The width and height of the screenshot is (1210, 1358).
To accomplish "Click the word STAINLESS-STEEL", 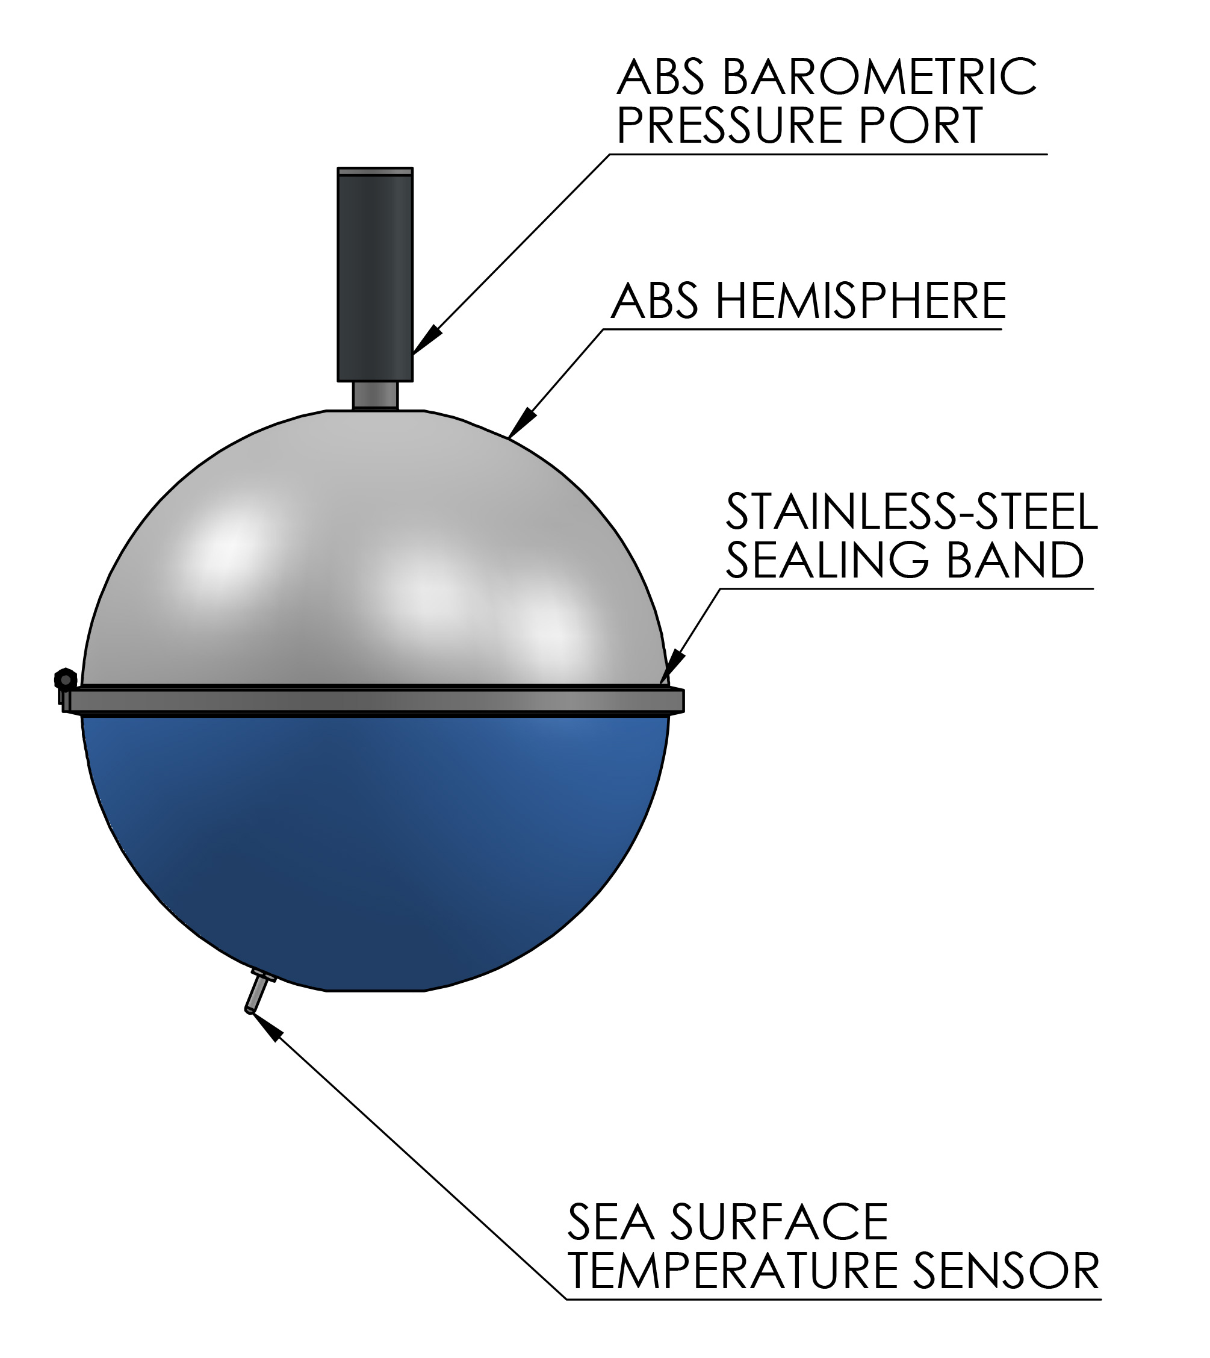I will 911,512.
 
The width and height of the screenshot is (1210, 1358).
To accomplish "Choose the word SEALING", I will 828,560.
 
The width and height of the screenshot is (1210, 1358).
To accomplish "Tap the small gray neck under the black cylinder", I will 375,395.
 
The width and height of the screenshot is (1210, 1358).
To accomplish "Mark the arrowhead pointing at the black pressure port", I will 426,340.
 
